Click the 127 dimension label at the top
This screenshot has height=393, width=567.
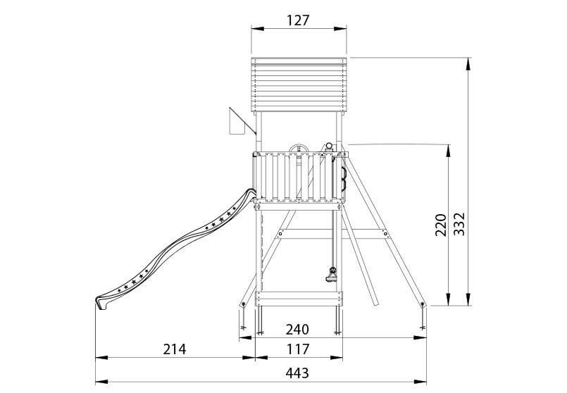click(x=299, y=20)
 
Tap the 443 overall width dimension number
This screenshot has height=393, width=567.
click(x=297, y=373)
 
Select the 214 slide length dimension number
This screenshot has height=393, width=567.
click(x=175, y=349)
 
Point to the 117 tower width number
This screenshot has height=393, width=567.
click(x=299, y=349)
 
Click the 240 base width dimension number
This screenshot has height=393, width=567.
click(x=297, y=330)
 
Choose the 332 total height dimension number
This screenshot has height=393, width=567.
click(x=459, y=224)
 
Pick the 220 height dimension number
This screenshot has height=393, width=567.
click(x=440, y=225)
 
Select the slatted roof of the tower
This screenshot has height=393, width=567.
click(x=299, y=85)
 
